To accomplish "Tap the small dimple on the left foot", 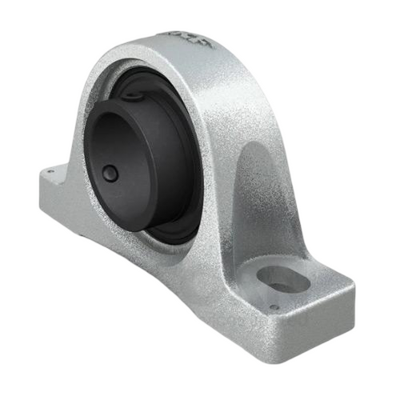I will point(50,169).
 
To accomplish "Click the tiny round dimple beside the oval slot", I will point(273,306).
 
